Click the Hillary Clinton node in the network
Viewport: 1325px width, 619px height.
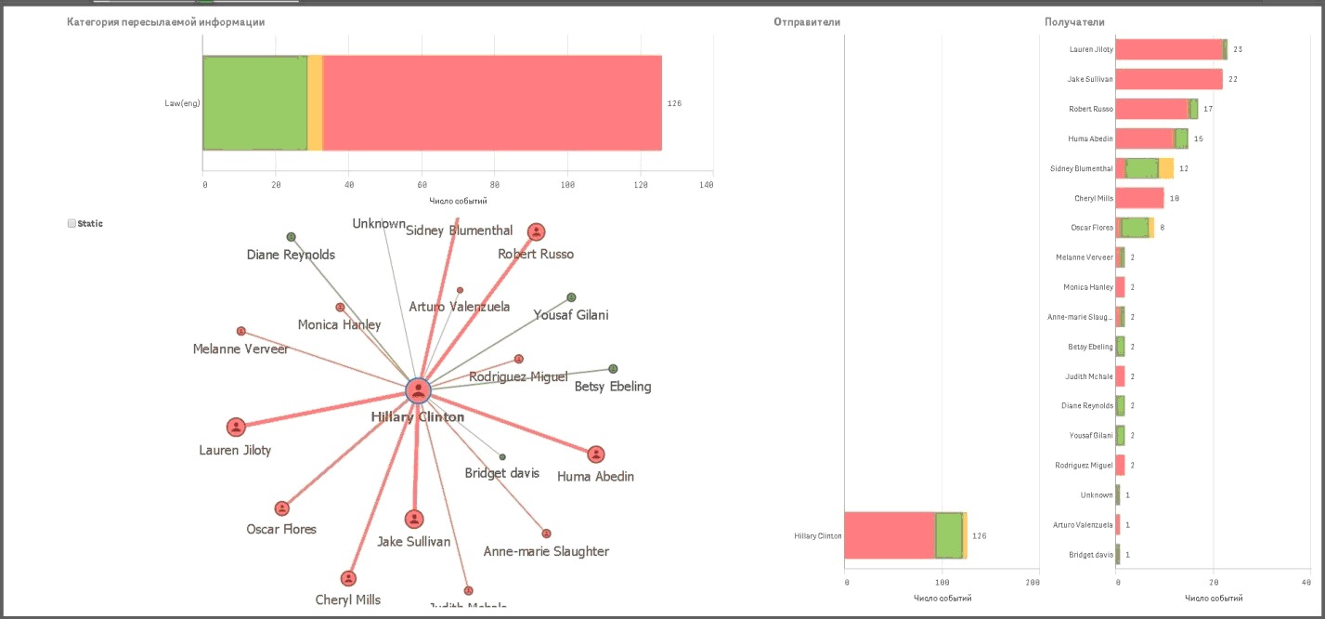[419, 390]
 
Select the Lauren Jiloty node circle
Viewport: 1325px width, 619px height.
[236, 427]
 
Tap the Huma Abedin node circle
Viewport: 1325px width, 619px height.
[595, 454]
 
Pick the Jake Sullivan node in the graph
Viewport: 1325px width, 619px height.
[414, 519]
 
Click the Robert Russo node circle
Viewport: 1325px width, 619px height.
[536, 231]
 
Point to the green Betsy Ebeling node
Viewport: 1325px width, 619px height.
[613, 369]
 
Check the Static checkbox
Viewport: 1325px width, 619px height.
[71, 224]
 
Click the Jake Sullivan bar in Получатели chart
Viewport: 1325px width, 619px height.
[1169, 79]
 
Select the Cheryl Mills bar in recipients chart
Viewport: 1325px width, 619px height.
[1139, 198]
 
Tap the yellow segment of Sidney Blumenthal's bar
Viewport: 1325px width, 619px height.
[1167, 168]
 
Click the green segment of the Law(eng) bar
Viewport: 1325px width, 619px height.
[254, 102]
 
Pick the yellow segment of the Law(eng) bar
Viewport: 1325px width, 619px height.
[315, 102]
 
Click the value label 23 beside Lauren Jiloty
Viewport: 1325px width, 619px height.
[1238, 49]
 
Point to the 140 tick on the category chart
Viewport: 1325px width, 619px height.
[708, 185]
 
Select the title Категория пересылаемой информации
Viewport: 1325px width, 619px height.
[165, 21]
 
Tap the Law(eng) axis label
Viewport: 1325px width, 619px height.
[183, 103]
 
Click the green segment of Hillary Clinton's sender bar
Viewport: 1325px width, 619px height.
[948, 535]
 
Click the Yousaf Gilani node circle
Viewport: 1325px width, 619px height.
[571, 297]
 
